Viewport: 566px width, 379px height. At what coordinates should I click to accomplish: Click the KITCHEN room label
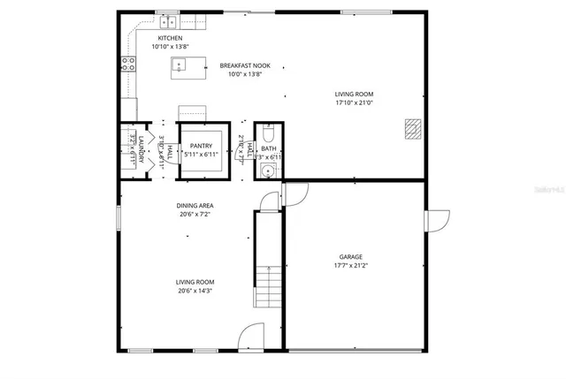[170, 39]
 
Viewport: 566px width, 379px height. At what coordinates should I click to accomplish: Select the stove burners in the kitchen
[129, 63]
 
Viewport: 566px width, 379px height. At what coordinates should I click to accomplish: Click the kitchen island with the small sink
[180, 64]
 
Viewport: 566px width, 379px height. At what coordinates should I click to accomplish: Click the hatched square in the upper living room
[411, 129]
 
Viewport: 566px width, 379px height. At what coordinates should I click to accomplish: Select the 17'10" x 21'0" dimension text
[354, 102]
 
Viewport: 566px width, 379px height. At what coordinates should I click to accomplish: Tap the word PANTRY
[202, 146]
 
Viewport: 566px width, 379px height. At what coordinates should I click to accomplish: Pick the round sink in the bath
[268, 170]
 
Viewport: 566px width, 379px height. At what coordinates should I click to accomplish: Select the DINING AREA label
[195, 206]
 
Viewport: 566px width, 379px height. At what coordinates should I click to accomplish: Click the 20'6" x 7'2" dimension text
[195, 215]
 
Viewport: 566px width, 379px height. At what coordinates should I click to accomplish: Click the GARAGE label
[351, 257]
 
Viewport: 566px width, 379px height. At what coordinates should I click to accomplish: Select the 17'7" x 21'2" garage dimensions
[351, 266]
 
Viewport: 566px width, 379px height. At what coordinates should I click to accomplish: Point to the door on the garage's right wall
[436, 221]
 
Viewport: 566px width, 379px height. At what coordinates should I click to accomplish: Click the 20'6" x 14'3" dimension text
[195, 291]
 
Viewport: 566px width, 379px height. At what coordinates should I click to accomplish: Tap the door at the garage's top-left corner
[295, 194]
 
